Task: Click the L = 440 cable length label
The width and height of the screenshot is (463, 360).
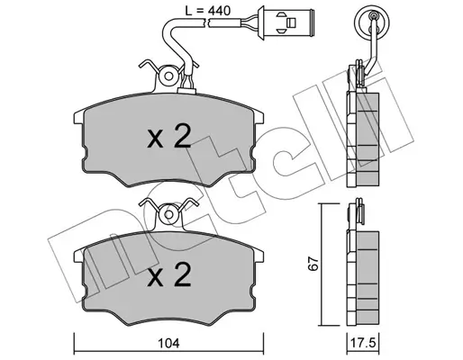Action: pyautogui.click(x=207, y=11)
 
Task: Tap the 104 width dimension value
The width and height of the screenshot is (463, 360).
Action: pyautogui.click(x=168, y=343)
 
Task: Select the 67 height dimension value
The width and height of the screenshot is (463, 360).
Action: pyautogui.click(x=313, y=264)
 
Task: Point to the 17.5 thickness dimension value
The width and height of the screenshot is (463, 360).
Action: pyautogui.click(x=363, y=343)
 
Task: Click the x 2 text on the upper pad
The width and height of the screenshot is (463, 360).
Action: pyautogui.click(x=169, y=137)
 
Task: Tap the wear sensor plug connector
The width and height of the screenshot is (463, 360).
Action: pyautogui.click(x=286, y=22)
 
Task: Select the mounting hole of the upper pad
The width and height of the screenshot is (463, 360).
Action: pyautogui.click(x=168, y=76)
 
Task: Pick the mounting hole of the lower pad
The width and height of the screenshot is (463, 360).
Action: pyautogui.click(x=169, y=214)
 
